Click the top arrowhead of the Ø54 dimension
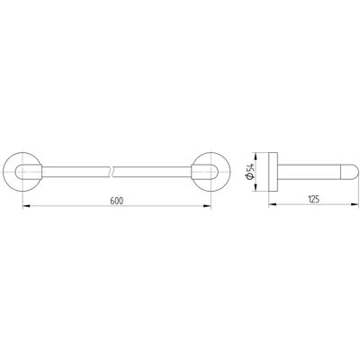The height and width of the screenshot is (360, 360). [256, 157]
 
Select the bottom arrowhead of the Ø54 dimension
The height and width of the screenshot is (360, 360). [256, 187]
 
